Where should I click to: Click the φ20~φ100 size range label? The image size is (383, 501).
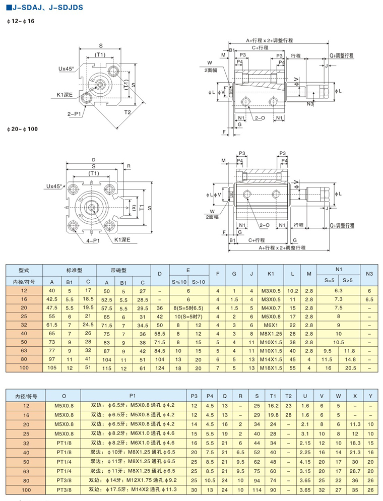click(22, 129)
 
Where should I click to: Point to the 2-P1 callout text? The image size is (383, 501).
click(76, 114)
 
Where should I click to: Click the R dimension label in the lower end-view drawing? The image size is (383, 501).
click(129, 165)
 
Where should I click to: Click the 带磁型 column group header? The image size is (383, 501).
click(123, 270)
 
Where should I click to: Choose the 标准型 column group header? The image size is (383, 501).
click(73, 270)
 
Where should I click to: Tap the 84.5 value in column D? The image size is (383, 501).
click(159, 350)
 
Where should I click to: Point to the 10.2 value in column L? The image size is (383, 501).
click(292, 290)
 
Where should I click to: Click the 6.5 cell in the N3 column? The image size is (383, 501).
click(369, 299)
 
